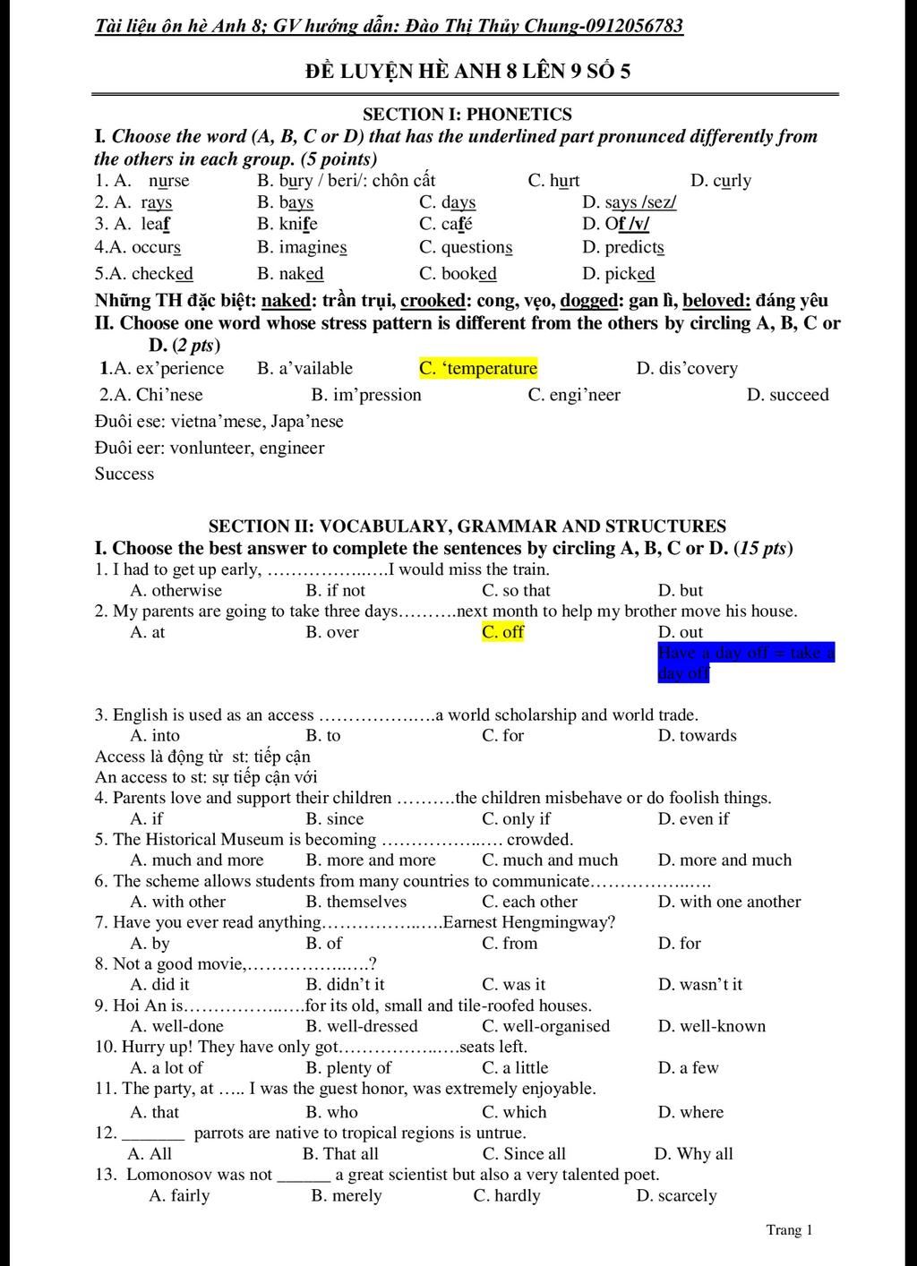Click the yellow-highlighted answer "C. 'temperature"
click(x=478, y=368)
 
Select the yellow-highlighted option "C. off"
click(x=502, y=632)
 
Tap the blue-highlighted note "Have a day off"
click(x=745, y=663)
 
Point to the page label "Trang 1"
click(x=789, y=1229)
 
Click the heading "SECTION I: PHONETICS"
click(x=467, y=114)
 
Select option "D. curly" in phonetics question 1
click(x=721, y=180)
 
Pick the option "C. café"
click(x=445, y=224)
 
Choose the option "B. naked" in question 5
click(x=290, y=273)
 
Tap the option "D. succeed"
click(x=787, y=395)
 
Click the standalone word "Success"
click(x=124, y=474)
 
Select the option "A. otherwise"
click(x=176, y=590)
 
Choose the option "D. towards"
click(x=697, y=735)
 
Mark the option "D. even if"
click(x=693, y=818)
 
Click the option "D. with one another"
click(x=729, y=902)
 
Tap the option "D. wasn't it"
click(x=699, y=984)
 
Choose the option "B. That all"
click(x=340, y=1153)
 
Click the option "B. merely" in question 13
click(x=347, y=1195)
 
